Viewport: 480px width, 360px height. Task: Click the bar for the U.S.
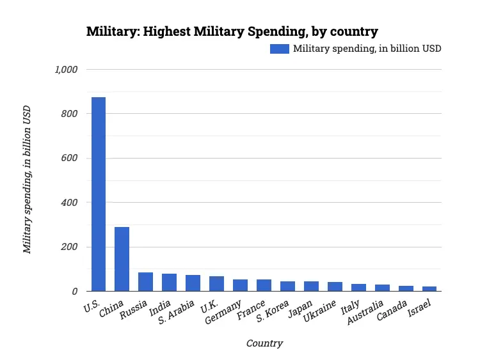point(98,194)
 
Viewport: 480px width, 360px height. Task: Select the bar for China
point(122,259)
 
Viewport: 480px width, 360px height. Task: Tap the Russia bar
point(145,282)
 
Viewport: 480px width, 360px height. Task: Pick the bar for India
point(169,283)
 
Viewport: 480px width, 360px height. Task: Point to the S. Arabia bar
point(193,283)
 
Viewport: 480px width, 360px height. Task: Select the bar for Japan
point(311,286)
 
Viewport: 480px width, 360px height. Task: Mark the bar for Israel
point(429,289)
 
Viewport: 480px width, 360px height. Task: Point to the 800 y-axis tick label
point(69,114)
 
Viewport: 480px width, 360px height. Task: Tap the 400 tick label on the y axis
point(69,203)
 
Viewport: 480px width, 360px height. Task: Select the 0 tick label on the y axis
point(74,292)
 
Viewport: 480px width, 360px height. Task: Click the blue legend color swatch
point(279,49)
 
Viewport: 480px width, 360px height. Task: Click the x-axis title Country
point(264,343)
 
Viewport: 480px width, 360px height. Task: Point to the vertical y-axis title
point(27,180)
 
